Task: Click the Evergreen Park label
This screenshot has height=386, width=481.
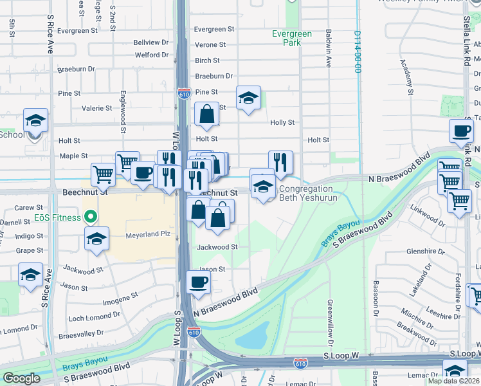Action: click(291, 38)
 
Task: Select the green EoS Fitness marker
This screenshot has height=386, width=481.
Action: click(91, 217)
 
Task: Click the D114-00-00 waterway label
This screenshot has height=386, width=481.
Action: click(357, 52)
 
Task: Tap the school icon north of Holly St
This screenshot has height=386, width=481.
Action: click(248, 98)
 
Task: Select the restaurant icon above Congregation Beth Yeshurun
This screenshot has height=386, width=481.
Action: click(280, 163)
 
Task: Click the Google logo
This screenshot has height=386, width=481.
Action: click(21, 378)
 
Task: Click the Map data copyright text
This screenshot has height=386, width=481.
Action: click(453, 381)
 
